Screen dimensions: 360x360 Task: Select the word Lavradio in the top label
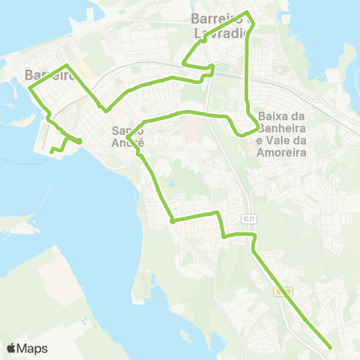pyautogui.click(x=224, y=33)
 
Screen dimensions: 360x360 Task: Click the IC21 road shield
pyautogui.click(x=250, y=217)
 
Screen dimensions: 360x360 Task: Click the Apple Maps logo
pyautogui.click(x=27, y=348)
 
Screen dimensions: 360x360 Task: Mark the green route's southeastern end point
pyautogui.click(x=331, y=347)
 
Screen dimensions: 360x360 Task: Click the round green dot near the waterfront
pyautogui.click(x=78, y=140)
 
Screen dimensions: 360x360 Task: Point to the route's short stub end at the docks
pyautogui.click(x=51, y=152)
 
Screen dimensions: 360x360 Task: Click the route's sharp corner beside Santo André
pyautogui.click(x=130, y=138)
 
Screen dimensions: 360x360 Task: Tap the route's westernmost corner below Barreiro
pyautogui.click(x=30, y=88)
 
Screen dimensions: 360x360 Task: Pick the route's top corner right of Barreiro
pyautogui.click(x=68, y=66)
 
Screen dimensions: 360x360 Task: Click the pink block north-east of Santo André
pyautogui.click(x=189, y=125)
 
